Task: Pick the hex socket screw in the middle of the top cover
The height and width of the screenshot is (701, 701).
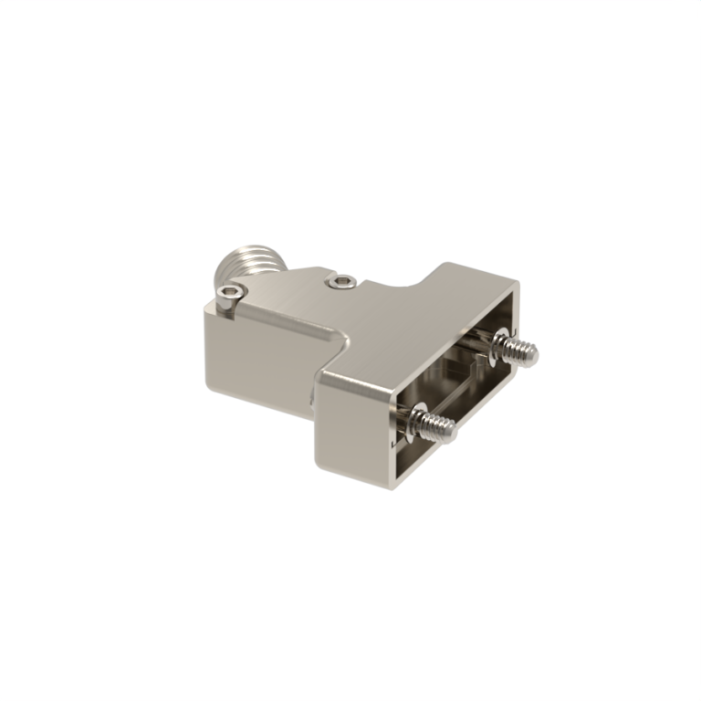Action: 342,282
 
